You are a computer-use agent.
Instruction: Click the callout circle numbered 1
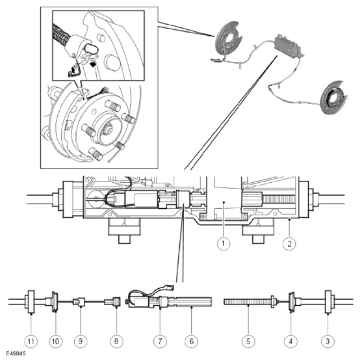(224, 243)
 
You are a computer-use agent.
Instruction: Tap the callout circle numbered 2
(289, 243)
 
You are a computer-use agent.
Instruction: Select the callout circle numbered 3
(328, 341)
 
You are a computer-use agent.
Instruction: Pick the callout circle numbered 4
(290, 341)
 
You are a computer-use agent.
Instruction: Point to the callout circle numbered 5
(248, 341)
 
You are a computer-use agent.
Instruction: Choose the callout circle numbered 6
(192, 341)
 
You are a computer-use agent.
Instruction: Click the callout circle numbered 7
(160, 341)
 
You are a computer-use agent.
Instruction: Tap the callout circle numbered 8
(116, 341)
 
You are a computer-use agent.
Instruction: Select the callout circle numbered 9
(81, 341)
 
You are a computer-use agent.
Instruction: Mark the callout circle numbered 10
(56, 341)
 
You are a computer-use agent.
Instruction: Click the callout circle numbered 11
(31, 341)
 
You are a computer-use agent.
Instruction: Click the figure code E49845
(16, 354)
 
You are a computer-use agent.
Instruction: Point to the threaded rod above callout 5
(248, 302)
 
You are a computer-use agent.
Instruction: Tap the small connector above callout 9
(79, 302)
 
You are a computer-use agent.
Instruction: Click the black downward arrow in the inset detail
(92, 64)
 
